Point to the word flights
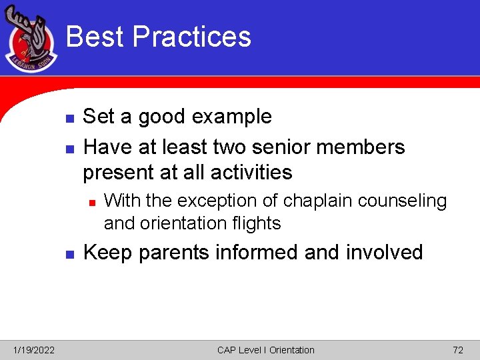[x=257, y=223]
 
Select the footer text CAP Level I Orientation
[x=265, y=350]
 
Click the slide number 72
[x=457, y=350]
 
